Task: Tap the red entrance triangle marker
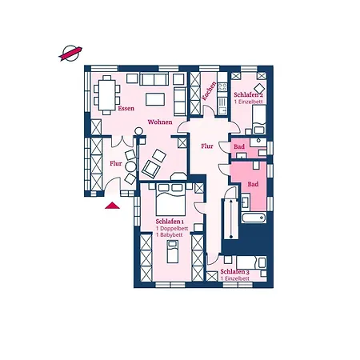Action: [112, 206]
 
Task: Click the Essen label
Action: [126, 108]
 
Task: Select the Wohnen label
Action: [160, 122]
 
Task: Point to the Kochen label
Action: [209, 91]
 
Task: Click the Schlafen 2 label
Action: [249, 94]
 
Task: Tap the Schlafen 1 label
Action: [170, 222]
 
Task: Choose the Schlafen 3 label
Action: [235, 272]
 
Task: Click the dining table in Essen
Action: [106, 95]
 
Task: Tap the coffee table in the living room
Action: [155, 99]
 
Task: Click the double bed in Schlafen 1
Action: [170, 199]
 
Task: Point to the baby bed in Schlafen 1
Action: [173, 251]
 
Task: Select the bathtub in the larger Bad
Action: [254, 218]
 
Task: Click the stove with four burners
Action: [222, 87]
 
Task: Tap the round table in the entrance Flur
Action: [130, 166]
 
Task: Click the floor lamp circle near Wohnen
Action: [138, 131]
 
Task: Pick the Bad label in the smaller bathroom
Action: [239, 146]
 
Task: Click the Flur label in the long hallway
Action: [207, 146]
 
